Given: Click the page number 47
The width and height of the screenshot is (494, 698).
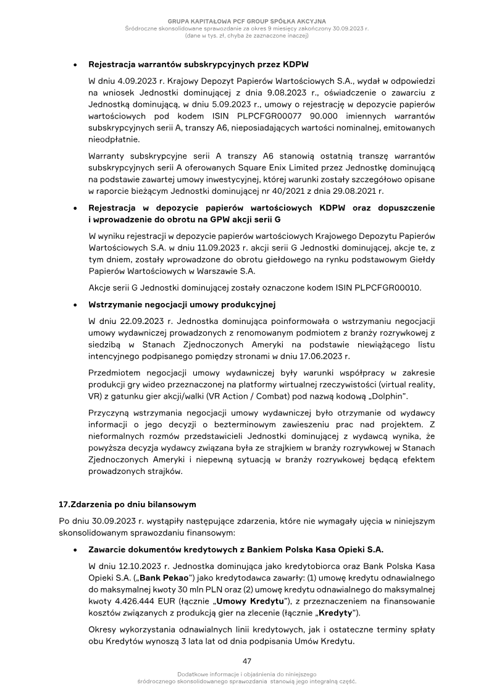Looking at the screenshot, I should pyautogui.click(x=247, y=661).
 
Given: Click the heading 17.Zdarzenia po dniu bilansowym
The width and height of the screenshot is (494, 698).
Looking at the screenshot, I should pyautogui.click(x=118, y=504).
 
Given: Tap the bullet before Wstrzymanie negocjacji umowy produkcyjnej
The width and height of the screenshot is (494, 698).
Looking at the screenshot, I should pyautogui.click(x=74, y=305).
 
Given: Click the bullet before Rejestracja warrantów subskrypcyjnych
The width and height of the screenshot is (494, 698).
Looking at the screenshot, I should pyautogui.click(x=74, y=64).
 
